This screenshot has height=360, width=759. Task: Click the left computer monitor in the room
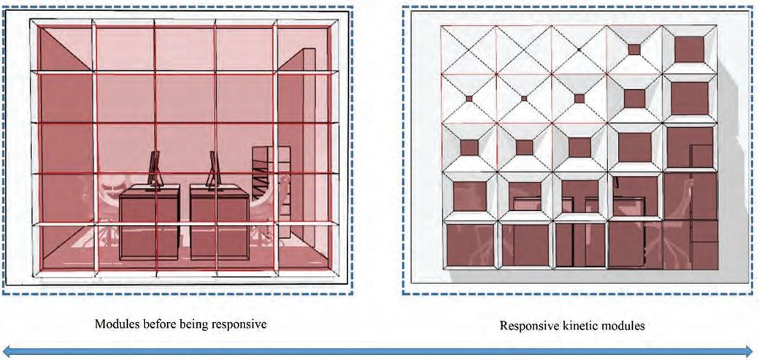(x=155, y=170)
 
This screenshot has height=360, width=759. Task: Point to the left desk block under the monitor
(x=149, y=223)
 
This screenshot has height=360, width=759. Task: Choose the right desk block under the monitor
(x=219, y=223)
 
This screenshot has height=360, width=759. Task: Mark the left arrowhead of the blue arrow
(x=7, y=351)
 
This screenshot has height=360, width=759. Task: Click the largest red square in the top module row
(x=689, y=50)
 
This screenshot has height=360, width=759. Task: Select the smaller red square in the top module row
(x=633, y=49)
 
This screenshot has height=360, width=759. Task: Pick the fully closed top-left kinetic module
(x=468, y=50)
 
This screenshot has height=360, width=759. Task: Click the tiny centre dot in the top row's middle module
(x=578, y=49)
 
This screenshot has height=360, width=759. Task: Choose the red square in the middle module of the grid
(x=579, y=147)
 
